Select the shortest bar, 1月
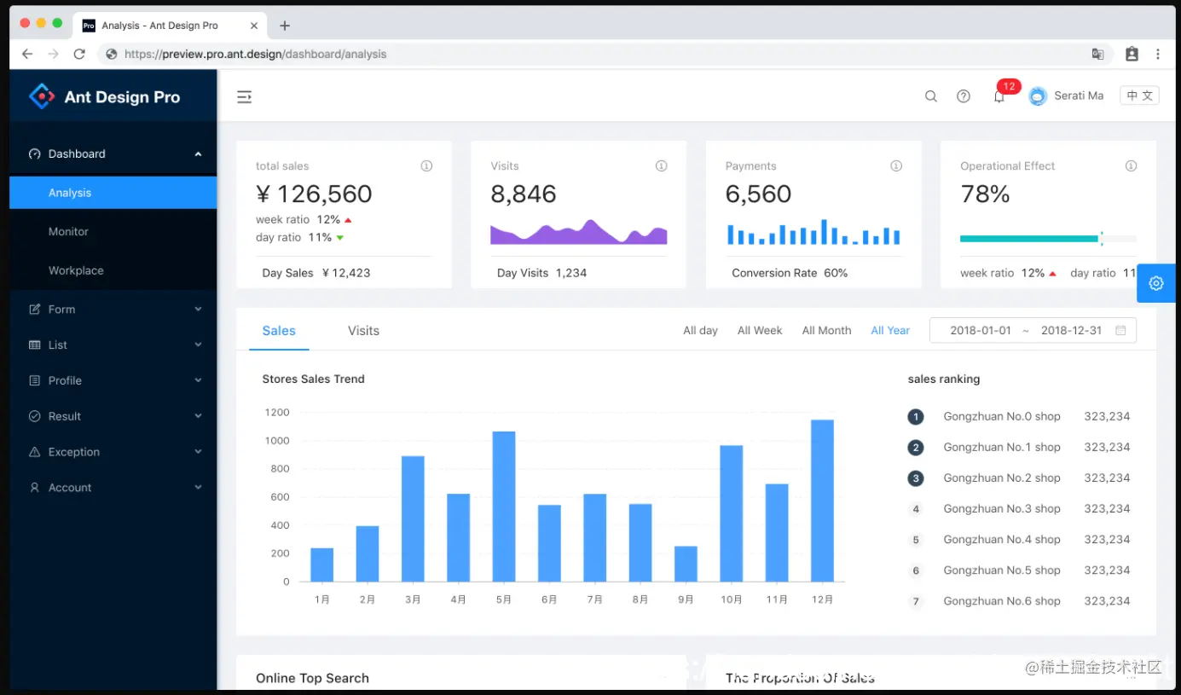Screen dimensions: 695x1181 click(321, 565)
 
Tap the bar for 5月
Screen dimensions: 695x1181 click(504, 507)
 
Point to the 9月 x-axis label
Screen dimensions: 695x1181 click(686, 599)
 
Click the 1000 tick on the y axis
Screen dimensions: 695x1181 click(277, 441)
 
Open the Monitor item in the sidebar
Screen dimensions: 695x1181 click(68, 232)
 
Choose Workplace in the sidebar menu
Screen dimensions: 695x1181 click(76, 270)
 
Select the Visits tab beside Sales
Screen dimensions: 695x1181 click(363, 331)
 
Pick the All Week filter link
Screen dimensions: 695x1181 click(760, 331)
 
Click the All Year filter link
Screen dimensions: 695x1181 click(890, 331)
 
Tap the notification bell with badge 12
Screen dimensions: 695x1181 click(999, 97)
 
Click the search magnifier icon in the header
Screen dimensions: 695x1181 click(931, 96)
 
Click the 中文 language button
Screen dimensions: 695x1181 click(1139, 96)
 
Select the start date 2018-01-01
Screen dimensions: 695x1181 click(981, 331)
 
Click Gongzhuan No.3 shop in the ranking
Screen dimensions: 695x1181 click(1002, 509)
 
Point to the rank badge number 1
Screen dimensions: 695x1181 click(916, 417)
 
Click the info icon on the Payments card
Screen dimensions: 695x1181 click(896, 166)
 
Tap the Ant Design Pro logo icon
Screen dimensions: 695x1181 click(41, 96)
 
